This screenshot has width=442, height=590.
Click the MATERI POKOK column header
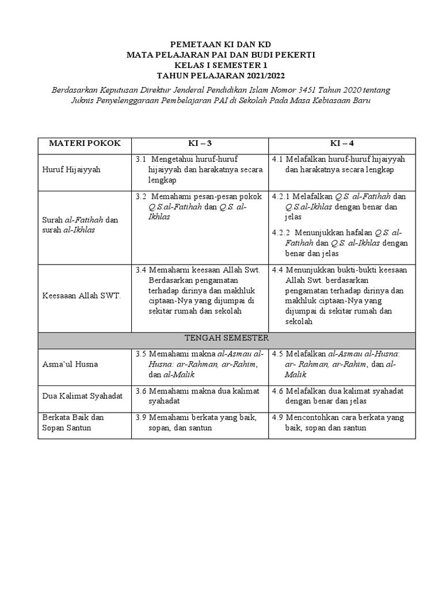click(84, 143)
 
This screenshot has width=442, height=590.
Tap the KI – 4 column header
click(342, 143)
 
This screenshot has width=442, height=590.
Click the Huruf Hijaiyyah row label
click(68, 170)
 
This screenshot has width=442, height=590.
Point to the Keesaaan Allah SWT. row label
click(81, 296)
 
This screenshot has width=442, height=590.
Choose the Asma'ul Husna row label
click(70, 364)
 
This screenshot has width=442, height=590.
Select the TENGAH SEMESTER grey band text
click(226, 338)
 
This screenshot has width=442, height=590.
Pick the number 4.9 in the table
click(277, 417)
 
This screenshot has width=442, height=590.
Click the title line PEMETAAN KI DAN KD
click(221, 44)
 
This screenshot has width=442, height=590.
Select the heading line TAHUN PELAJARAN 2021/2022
click(221, 75)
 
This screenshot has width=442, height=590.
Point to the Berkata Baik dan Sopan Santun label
click(73, 422)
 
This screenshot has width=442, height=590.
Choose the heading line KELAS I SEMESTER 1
click(221, 65)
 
